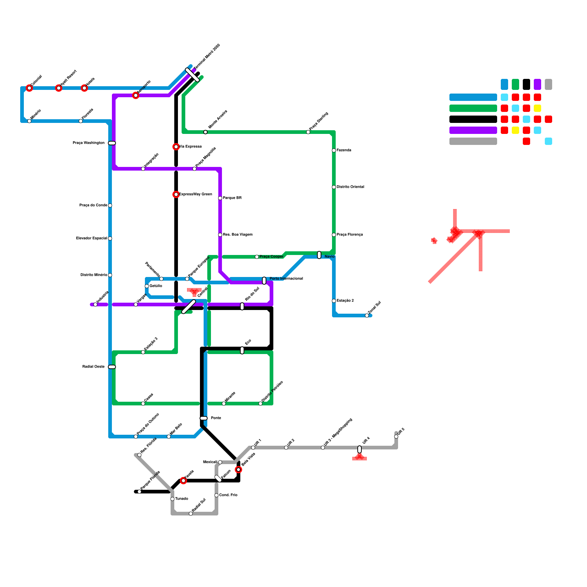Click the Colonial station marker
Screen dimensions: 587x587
pyautogui.click(x=29, y=88)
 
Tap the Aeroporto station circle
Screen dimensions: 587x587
pyautogui.click(x=136, y=95)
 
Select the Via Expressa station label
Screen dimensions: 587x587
pyautogui.click(x=190, y=147)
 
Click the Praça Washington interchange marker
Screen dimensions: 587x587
pyautogui.click(x=112, y=143)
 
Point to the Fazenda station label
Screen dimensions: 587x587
pyautogui.click(x=344, y=150)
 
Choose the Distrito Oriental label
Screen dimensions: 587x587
pyautogui.click(x=350, y=187)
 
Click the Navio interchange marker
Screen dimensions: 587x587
pyautogui.click(x=319, y=255)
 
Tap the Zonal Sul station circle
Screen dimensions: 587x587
pyautogui.click(x=367, y=316)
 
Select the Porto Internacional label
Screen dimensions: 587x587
pyautogui.click(x=286, y=279)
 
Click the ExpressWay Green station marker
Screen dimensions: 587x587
pyautogui.click(x=176, y=194)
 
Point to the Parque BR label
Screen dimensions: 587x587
pyautogui.click(x=232, y=198)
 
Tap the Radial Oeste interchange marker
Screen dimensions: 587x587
pyautogui.click(x=112, y=367)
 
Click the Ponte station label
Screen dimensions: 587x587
pyautogui.click(x=216, y=418)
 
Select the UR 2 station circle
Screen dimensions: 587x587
pyautogui.click(x=286, y=448)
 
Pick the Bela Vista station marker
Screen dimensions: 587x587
pyautogui.click(x=238, y=470)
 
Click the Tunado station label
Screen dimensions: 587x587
pyautogui.click(x=182, y=499)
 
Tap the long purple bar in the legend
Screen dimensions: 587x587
pyautogui.click(x=473, y=130)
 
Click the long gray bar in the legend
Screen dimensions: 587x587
pyautogui.click(x=473, y=141)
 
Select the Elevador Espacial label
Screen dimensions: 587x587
pyautogui.click(x=92, y=238)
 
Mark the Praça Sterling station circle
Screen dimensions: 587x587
pyautogui.click(x=308, y=132)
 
